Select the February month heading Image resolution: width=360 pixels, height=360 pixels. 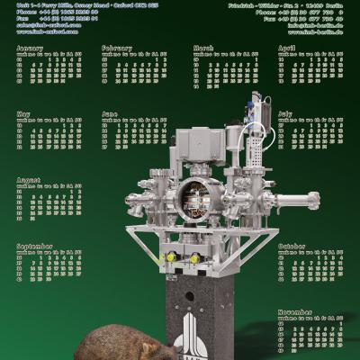pyautogui.click(x=117, y=48)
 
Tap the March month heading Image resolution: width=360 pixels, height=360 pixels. pyautogui.click(x=203, y=48)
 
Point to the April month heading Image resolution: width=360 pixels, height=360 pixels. pyautogui.click(x=286, y=48)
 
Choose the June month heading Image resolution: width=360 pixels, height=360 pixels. pyautogui.click(x=110, y=114)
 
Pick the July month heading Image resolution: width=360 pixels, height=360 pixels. pyautogui.click(x=285, y=114)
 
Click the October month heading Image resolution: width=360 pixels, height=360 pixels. pyautogui.click(x=292, y=246)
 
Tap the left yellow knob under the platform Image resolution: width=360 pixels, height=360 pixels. pyautogui.click(x=170, y=257)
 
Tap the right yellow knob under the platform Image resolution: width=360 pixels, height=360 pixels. pyautogui.click(x=194, y=258)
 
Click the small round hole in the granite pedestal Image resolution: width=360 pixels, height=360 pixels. pyautogui.click(x=188, y=294)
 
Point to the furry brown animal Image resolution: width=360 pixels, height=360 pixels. pyautogui.click(x=117, y=343)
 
